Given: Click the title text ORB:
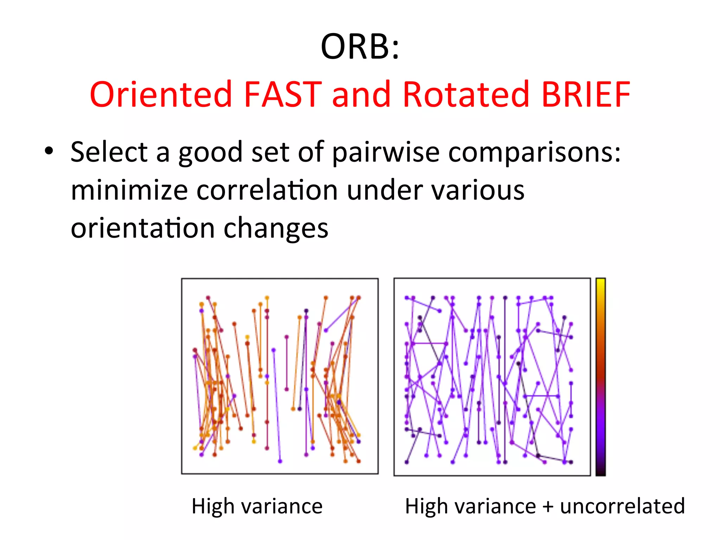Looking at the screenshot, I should [x=360, y=47].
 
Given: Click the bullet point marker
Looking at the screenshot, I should [x=49, y=152].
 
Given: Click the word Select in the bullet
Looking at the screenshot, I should [x=109, y=152].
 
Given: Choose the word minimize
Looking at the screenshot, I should [x=129, y=190].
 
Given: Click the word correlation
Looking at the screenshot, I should [x=267, y=190].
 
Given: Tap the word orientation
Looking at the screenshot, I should [x=142, y=228].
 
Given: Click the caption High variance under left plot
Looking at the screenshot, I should [x=257, y=506].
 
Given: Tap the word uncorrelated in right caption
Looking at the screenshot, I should [x=622, y=506].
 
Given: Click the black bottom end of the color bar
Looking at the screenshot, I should [x=600, y=471].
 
